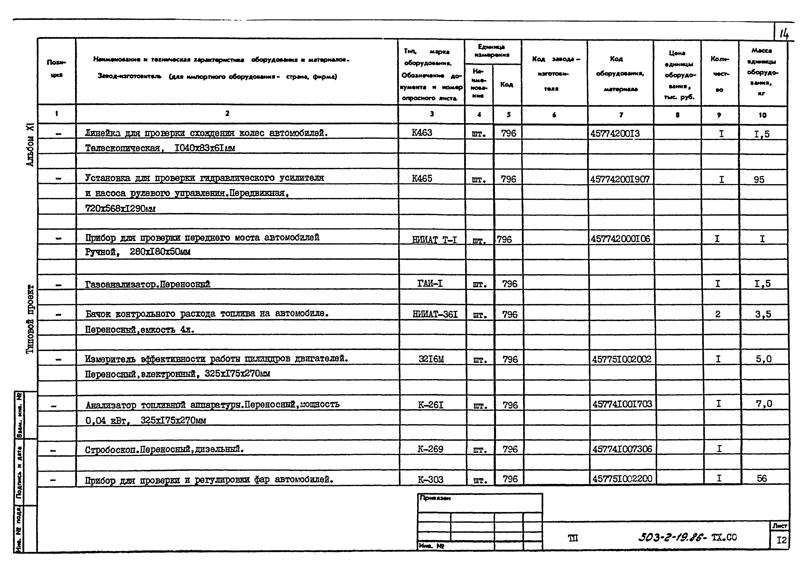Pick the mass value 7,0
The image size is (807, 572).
tap(764, 404)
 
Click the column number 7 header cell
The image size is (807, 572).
tap(621, 114)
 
